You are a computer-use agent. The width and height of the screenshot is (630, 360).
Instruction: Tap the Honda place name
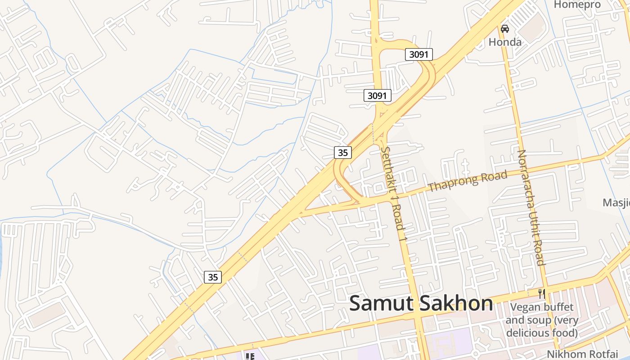(505, 42)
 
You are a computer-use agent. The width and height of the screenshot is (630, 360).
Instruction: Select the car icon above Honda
(505, 29)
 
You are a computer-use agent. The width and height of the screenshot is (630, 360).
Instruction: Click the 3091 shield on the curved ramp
(418, 54)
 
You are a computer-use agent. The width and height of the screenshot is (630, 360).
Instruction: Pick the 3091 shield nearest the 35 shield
(377, 95)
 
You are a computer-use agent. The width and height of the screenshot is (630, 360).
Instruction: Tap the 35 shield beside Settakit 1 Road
(343, 153)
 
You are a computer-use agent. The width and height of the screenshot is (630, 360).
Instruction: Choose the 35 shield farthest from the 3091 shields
(213, 277)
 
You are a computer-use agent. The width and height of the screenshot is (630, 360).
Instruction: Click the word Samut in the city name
(381, 303)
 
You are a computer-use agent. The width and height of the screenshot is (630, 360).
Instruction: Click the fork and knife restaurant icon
(542, 294)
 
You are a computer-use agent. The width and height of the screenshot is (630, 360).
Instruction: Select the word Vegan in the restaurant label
(523, 308)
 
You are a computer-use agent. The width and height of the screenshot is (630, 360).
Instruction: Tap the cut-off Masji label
(616, 202)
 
